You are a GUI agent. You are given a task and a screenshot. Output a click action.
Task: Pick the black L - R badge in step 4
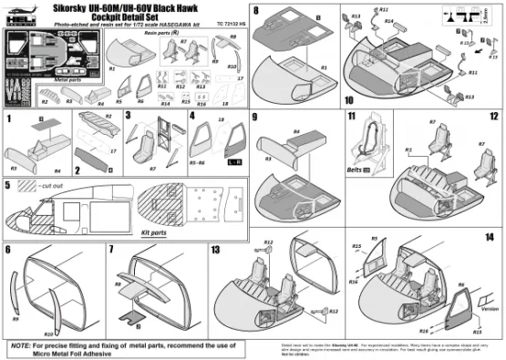coord(232,161)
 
